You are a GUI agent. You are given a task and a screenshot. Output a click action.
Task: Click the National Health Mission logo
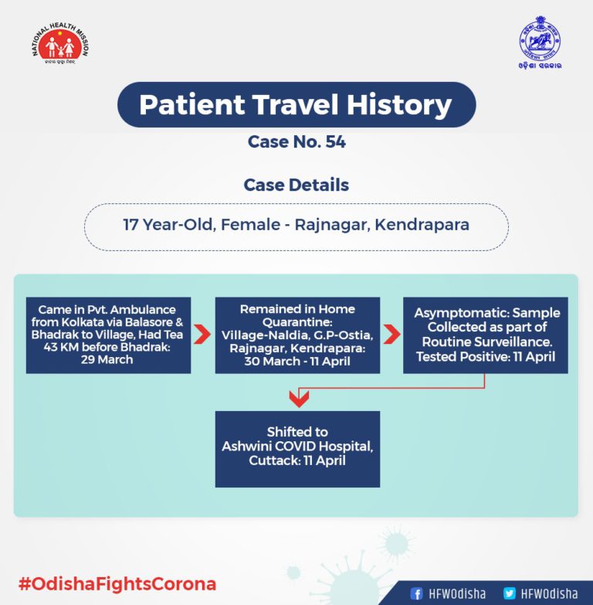(x=60, y=43)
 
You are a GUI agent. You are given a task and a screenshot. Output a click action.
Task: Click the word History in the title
(x=399, y=104)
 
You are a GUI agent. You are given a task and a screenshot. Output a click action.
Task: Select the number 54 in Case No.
(x=335, y=141)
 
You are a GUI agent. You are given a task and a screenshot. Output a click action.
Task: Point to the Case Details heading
(x=296, y=185)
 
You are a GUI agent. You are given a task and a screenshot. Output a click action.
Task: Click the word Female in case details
(x=250, y=225)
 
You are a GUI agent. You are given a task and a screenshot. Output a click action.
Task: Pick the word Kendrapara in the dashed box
(x=422, y=225)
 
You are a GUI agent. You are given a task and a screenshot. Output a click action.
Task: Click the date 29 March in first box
(x=107, y=359)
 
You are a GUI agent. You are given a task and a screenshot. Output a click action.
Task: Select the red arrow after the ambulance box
(x=202, y=334)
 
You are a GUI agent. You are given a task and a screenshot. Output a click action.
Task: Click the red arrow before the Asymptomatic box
(x=391, y=334)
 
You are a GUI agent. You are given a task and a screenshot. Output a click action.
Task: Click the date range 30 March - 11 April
(x=297, y=361)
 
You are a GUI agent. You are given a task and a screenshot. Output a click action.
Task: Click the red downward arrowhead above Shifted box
(x=299, y=399)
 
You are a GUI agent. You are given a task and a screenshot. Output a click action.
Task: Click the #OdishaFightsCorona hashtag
(x=117, y=584)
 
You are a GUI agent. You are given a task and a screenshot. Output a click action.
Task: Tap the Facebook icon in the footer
(x=416, y=593)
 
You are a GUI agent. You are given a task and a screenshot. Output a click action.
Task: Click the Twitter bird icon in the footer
(x=510, y=593)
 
